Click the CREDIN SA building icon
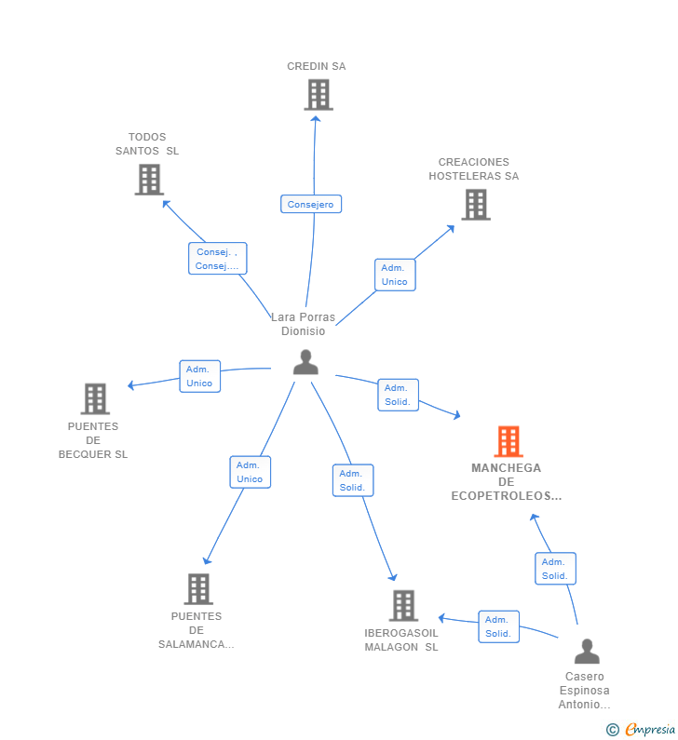point(319,94)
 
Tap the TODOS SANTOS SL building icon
point(149,180)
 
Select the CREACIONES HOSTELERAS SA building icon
point(476,205)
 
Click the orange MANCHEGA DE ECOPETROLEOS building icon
point(508,442)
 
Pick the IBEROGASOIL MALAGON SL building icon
point(403,606)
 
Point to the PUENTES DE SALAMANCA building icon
point(198,589)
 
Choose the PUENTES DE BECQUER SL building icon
point(95,398)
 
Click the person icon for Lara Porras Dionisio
point(305,362)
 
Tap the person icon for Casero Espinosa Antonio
point(587,651)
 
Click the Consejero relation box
point(311,204)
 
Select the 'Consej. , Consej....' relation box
point(217,259)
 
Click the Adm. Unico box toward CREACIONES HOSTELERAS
point(395,275)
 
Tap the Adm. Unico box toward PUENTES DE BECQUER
point(199,376)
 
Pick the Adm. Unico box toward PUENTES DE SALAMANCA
point(250,472)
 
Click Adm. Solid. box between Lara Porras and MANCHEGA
point(398,395)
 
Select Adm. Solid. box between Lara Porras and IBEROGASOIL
point(353,480)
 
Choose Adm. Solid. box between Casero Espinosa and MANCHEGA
point(555,569)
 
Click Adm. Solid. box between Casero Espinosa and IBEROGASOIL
point(498,626)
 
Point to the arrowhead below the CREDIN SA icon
point(316,119)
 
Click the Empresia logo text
point(650,730)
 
